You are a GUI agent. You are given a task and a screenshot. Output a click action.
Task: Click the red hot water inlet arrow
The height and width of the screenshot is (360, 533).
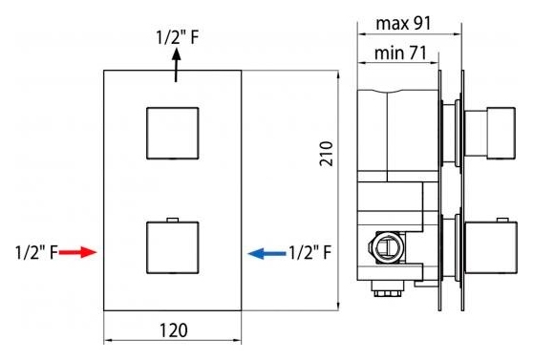click(x=77, y=252)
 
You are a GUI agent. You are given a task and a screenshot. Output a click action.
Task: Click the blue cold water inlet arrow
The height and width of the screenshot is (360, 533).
click(x=266, y=253)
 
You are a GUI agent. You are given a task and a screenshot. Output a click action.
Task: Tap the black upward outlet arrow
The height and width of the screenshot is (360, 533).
click(x=176, y=65)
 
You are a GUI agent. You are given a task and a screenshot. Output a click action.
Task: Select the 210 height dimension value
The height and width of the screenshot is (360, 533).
click(x=326, y=154)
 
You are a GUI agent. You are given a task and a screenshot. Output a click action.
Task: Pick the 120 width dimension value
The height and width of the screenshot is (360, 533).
click(x=173, y=330)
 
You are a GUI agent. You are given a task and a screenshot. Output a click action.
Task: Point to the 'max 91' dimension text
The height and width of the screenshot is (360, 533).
click(x=403, y=24)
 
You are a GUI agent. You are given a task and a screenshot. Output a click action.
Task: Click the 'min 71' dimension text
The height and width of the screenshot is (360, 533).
click(x=400, y=53)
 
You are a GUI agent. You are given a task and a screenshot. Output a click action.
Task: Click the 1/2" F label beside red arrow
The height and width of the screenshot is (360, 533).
click(x=36, y=253)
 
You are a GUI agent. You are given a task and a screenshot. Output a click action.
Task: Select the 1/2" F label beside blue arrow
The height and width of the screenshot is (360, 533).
click(x=309, y=253)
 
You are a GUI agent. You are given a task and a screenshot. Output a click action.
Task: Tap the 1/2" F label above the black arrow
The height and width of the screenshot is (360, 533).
click(x=177, y=37)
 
